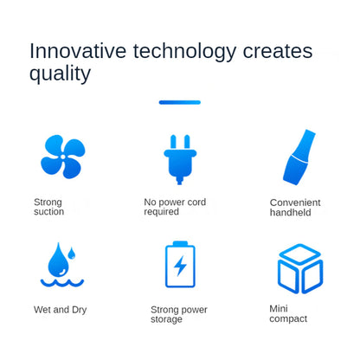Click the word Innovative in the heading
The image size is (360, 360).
(x=78, y=51)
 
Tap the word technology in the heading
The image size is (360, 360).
(x=184, y=53)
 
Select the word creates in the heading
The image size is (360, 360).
(x=278, y=52)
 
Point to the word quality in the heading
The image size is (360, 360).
(x=60, y=74)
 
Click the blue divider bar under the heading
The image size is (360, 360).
(x=180, y=102)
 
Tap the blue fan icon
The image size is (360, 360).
(x=63, y=157)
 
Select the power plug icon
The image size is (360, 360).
(x=180, y=159)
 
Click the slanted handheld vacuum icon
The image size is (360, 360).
(x=299, y=157)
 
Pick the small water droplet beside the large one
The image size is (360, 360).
(x=71, y=253)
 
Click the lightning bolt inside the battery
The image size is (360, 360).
(x=180, y=266)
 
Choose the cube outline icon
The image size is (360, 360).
(x=300, y=268)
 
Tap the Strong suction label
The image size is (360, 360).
(x=48, y=207)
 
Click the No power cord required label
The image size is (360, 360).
(x=175, y=207)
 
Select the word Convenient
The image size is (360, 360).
(x=295, y=202)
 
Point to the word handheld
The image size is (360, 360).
(x=291, y=212)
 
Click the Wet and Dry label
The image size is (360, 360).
(x=60, y=310)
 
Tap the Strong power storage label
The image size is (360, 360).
(x=179, y=314)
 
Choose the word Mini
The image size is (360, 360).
(x=279, y=309)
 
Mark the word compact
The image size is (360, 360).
(x=288, y=319)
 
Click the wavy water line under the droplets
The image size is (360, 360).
(x=62, y=283)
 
